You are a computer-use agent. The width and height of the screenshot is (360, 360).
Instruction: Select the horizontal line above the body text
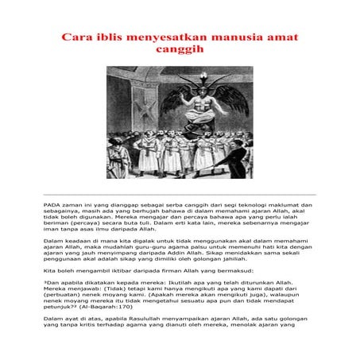pos(180,194)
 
